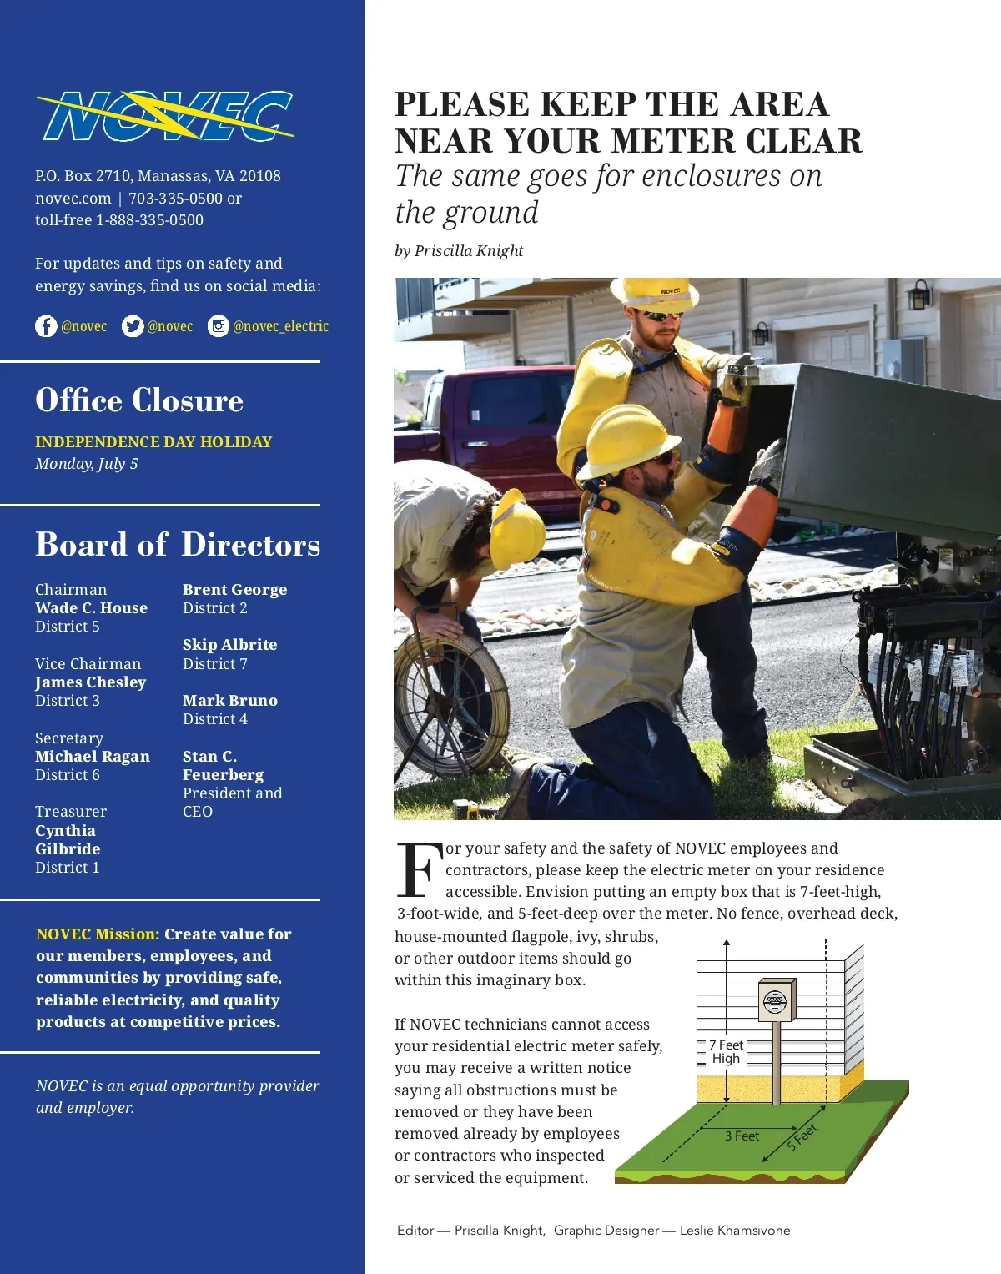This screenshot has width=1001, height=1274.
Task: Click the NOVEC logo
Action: pos(165,116)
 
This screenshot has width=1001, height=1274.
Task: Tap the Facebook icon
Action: pos(46,326)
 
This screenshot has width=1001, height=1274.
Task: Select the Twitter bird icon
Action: pos(133,326)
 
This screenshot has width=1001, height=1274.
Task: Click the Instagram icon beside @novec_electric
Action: pos(219,326)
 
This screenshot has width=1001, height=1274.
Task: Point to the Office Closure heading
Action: pos(139,401)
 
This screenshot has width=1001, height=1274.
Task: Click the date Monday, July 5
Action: pos(87,464)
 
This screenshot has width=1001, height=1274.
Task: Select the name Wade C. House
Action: pos(91,608)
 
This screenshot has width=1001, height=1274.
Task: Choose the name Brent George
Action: pos(234,590)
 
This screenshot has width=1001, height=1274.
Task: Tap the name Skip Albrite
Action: pos(229,645)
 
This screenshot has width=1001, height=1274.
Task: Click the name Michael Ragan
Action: pos(93,757)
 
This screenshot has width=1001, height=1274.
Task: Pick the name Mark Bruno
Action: pos(230,701)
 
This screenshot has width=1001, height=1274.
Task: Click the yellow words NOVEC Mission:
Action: pos(98,934)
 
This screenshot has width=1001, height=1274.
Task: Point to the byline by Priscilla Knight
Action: pos(459,251)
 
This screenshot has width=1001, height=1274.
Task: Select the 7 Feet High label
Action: pos(726,1052)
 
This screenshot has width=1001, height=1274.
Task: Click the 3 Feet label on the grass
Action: pos(742,1136)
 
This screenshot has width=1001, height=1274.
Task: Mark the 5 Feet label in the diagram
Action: pos(802,1137)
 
